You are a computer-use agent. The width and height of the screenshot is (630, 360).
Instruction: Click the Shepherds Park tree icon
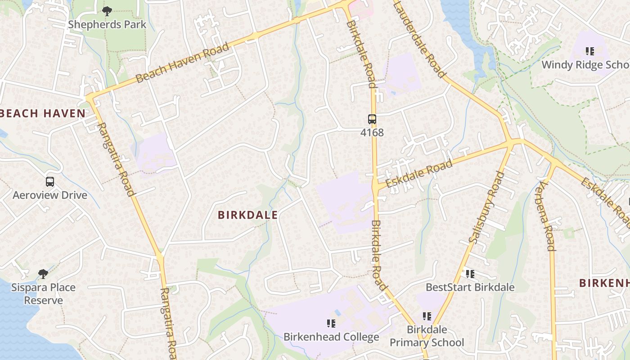107,11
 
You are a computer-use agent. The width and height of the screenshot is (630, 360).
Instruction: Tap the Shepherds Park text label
107,24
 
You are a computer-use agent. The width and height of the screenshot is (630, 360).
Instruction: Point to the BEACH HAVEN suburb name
43,113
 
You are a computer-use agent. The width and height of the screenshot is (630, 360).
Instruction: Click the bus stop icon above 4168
372,119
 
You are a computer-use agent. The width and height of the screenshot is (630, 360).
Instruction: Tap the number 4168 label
372,132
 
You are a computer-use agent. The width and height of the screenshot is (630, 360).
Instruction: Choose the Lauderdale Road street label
419,39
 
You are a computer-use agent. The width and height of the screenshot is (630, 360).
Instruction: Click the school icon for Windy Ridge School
589,51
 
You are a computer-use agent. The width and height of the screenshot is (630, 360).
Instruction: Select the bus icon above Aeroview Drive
50,182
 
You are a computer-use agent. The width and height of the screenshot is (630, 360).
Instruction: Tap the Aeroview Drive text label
50,195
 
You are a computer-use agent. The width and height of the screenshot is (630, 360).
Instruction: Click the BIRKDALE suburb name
247,215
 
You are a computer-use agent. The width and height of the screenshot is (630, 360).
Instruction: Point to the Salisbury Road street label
487,207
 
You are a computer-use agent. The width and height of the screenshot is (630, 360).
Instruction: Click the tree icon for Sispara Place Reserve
43,274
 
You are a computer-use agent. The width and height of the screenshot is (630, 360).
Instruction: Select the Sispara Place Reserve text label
43,293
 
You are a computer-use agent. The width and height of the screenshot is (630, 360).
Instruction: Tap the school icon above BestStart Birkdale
470,274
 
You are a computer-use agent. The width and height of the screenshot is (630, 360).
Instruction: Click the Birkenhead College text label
331,337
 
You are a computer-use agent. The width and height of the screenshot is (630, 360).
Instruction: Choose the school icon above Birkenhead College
331,323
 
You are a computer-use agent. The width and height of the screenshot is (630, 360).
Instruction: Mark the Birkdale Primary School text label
427,336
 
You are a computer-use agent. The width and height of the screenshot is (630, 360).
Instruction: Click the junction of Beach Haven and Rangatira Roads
90,97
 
